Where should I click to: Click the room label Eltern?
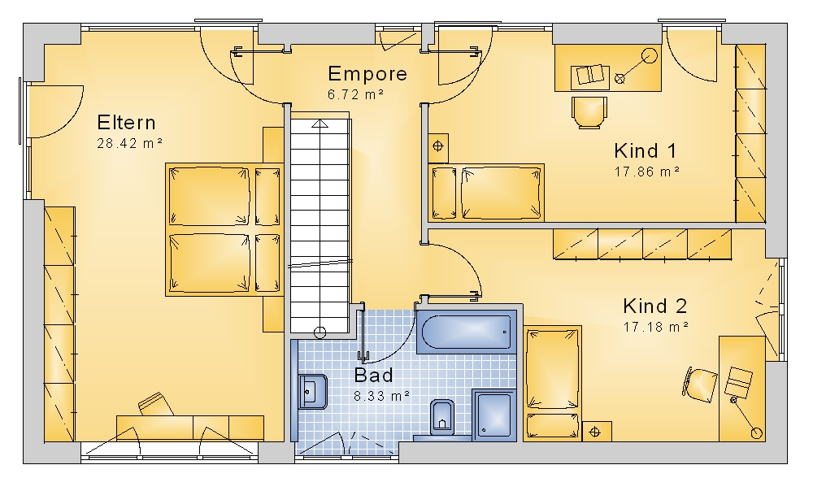coord(126,123)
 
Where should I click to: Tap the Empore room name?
coord(367,74)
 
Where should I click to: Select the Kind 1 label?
coord(645,151)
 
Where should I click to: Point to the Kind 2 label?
coord(654,306)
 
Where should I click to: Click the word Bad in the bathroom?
coord(373,375)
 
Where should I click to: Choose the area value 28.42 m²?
coord(129,143)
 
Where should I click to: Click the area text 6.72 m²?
coord(355,94)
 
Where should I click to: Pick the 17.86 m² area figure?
coord(646,172)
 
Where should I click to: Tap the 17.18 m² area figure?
coord(655,327)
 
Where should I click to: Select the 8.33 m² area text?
coord(381,396)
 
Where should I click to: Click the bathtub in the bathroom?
coord(467,332)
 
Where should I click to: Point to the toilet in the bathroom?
coord(441,417)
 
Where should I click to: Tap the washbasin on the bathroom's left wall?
coord(312,392)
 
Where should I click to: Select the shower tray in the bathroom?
coord(494,415)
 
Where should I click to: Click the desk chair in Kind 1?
coord(589,112)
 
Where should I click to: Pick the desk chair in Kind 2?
coord(700,385)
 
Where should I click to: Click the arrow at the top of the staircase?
coord(320,124)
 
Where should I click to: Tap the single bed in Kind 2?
coord(552,384)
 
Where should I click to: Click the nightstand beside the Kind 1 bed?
coord(438,146)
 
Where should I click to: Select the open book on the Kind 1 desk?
coord(590,76)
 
